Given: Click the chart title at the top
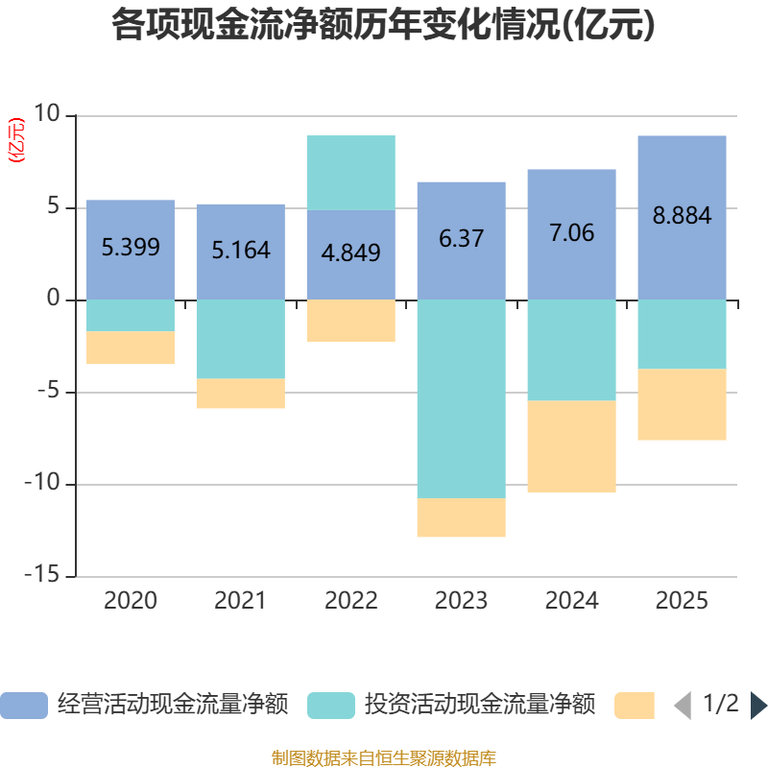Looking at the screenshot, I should (x=384, y=26).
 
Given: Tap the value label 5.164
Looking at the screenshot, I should (x=240, y=252).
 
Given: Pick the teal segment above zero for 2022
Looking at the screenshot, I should (x=351, y=173).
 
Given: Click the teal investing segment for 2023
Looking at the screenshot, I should (x=461, y=398).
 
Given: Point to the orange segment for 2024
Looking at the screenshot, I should (x=571, y=446).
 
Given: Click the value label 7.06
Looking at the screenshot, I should (x=571, y=233).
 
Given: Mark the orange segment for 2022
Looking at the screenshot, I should (x=351, y=321).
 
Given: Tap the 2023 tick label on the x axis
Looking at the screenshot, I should (x=461, y=602).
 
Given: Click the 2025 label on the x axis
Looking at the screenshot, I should (x=682, y=602).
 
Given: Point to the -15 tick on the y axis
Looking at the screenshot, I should (x=43, y=576).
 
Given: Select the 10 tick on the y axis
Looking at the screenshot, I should (x=46, y=115).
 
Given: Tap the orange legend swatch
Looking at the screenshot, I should (x=634, y=706).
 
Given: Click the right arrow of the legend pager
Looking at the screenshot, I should (x=758, y=706).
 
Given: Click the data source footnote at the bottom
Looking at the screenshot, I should (x=384, y=758).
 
